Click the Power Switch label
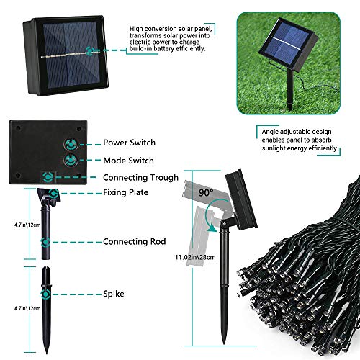pyautogui.click(x=129, y=143)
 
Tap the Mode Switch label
pyautogui.click(x=128, y=161)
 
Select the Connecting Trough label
pyautogui.click(x=141, y=178)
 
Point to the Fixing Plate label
pyautogui.click(x=125, y=192)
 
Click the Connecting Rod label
pyautogui.click(x=135, y=241)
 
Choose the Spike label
pyautogui.click(x=114, y=294)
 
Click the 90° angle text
pyautogui.click(x=206, y=192)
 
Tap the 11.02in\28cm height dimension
pyautogui.click(x=195, y=257)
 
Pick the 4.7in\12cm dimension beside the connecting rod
pyautogui.click(x=27, y=225)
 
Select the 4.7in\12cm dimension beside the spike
pyautogui.click(x=27, y=308)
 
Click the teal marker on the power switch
pyautogui.click(x=71, y=144)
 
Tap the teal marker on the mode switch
pyautogui.click(x=71, y=160)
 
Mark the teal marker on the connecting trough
pyautogui.click(x=48, y=177)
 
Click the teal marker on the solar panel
pyautogui.click(x=90, y=51)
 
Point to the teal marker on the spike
pyautogui.click(x=45, y=294)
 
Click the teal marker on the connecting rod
pyautogui.click(x=45, y=242)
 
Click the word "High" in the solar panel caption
pyautogui.click(x=136, y=29)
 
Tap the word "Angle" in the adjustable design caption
pyautogui.click(x=270, y=132)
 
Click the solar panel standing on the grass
pyautogui.click(x=288, y=44)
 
